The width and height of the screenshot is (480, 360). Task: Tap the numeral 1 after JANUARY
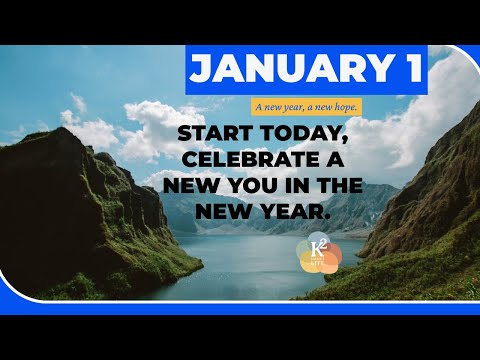tap(408, 69)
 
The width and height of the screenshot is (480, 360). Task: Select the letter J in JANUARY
tap(200, 69)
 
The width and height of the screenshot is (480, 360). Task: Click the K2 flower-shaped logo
tap(319, 256)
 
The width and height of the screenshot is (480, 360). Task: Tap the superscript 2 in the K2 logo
tap(325, 246)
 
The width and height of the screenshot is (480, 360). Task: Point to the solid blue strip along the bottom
tap(240, 308)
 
